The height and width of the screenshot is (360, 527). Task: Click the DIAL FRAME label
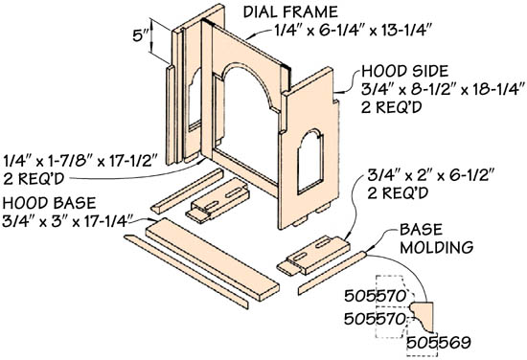[x=290, y=12]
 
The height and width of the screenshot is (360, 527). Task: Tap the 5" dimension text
[x=141, y=35]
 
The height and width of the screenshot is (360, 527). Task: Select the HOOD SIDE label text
[x=405, y=71]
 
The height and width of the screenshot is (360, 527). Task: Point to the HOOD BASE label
[x=49, y=203]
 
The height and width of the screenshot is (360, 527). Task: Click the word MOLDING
[x=437, y=247]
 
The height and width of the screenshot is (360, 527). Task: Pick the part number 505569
[x=439, y=343]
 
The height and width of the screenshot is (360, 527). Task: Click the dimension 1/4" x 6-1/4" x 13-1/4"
[x=353, y=31]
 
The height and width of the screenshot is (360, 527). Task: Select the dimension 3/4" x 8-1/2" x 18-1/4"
[x=443, y=89]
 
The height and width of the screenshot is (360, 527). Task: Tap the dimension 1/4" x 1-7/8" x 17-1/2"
[x=80, y=161]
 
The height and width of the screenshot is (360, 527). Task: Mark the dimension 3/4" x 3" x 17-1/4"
[x=67, y=221]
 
